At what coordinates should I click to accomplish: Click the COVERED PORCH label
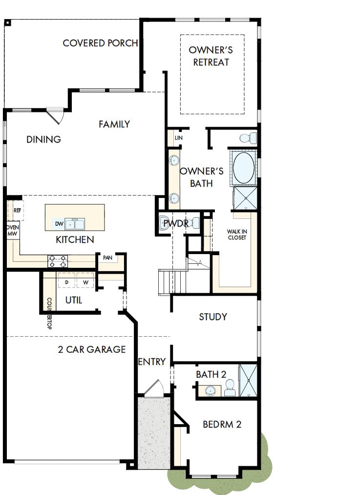coord(100,43)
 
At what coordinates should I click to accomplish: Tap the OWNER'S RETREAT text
coord(211,56)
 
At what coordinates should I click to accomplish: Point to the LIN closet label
coord(178,138)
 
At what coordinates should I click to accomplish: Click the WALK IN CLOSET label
coord(236,235)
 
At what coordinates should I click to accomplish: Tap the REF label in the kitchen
coord(18,210)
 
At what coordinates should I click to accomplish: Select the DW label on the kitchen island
coord(59,224)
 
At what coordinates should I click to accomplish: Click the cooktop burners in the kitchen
coord(58,261)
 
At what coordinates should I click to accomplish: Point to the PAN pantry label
coord(107,257)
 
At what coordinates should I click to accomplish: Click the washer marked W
coord(85,282)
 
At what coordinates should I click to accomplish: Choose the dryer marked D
coord(66,282)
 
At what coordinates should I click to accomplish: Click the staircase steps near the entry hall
coord(166,281)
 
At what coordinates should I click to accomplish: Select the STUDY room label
coord(213,317)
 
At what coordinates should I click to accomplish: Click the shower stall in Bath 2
coord(248,381)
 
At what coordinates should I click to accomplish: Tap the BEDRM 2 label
coord(222,424)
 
